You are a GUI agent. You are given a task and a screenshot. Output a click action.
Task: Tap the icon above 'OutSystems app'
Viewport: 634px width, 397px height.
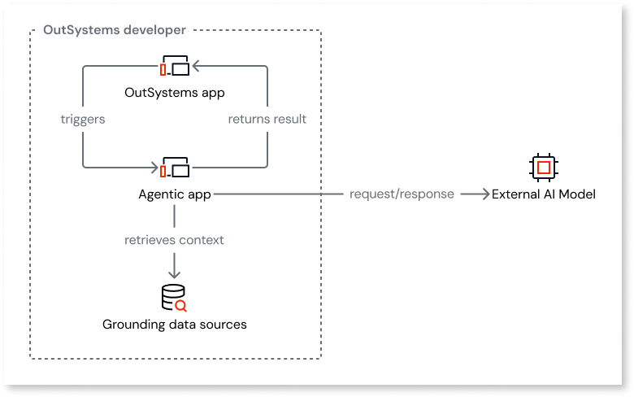coord(175,67)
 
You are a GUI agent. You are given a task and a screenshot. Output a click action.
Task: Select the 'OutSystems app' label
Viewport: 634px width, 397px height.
coord(175,92)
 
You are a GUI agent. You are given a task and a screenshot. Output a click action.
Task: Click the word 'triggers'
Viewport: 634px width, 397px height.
coord(83,119)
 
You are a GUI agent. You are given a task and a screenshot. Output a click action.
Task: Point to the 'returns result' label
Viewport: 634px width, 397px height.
coord(267,119)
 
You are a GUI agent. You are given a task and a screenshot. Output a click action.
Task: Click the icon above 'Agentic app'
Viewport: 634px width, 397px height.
coord(175,168)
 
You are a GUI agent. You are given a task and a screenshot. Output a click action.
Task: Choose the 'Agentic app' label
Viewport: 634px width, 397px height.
coord(175,194)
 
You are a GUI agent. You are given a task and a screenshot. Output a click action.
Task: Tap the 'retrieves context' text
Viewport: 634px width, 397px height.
coord(174,240)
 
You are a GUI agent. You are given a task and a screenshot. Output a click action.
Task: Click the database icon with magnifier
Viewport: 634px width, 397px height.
coord(174,298)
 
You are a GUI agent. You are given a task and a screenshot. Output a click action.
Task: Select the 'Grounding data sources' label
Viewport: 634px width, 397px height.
coord(174,325)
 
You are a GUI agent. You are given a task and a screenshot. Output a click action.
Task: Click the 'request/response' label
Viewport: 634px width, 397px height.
coord(402,194)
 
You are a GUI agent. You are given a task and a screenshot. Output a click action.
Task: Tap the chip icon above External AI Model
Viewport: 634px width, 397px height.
coord(543,168)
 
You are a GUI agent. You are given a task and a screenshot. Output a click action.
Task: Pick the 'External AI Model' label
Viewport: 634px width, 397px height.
coord(543,194)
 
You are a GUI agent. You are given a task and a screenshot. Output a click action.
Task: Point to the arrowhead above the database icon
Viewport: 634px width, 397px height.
coord(174,274)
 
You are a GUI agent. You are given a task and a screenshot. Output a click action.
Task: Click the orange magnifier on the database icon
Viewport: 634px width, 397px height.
coord(181,306)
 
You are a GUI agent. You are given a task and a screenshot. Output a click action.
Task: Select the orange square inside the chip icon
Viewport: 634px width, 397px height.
coord(543,168)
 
